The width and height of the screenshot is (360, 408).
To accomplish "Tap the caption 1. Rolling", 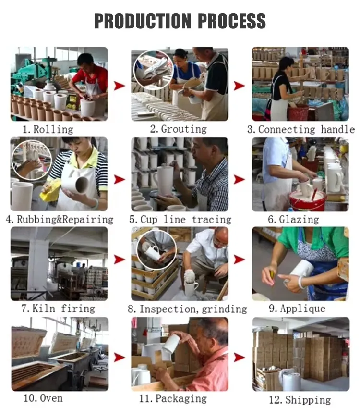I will pos(48,129).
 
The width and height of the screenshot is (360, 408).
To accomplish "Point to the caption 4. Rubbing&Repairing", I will pos(60,220).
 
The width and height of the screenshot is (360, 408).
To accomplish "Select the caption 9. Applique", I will pos(297,309).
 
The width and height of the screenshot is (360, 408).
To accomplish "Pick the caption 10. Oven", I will pos(43,398).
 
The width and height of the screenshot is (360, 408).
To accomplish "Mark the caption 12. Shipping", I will pos(301,399).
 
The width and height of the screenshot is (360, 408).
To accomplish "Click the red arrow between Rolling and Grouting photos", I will pos(119,86).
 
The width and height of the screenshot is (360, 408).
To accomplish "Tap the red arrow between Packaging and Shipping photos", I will pos(239,358).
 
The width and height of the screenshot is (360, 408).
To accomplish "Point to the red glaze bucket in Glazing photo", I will pos(307,201).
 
